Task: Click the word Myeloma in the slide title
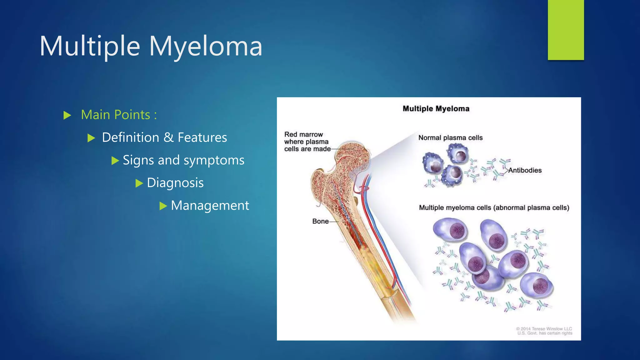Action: click(205, 46)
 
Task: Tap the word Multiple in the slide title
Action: click(90, 46)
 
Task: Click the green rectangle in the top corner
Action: click(566, 30)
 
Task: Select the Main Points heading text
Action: click(119, 115)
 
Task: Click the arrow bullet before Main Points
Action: click(67, 115)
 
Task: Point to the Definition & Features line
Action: click(164, 137)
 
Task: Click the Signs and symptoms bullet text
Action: click(183, 160)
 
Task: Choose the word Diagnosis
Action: click(175, 183)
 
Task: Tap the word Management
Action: click(210, 205)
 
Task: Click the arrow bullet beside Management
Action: click(163, 206)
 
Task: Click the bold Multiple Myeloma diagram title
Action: click(436, 109)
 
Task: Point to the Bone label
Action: click(320, 221)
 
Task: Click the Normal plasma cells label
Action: click(450, 138)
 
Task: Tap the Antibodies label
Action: click(525, 170)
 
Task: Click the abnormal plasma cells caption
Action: click(494, 208)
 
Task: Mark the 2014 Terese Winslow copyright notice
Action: click(544, 331)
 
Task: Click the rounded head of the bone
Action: click(353, 153)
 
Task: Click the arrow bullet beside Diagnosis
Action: click(139, 183)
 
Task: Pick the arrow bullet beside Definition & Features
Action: click(91, 138)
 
